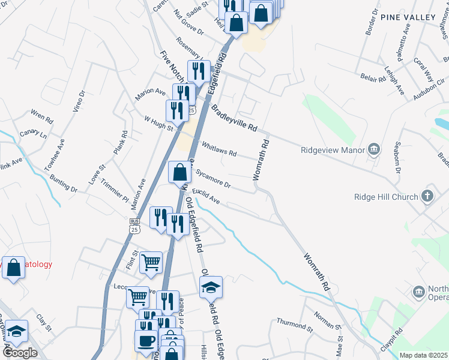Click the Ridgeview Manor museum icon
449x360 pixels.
coord(374,149)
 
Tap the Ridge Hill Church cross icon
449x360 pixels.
coord(427,196)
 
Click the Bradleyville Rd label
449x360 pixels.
coord(234,118)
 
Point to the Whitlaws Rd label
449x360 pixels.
coord(219,149)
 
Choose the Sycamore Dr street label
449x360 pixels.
coord(213,178)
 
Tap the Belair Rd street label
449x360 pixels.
coord(373,79)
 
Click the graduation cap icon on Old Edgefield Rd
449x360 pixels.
coord(211,288)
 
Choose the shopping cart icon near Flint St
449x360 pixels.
coord(151,262)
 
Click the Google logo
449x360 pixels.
coord(20,353)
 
